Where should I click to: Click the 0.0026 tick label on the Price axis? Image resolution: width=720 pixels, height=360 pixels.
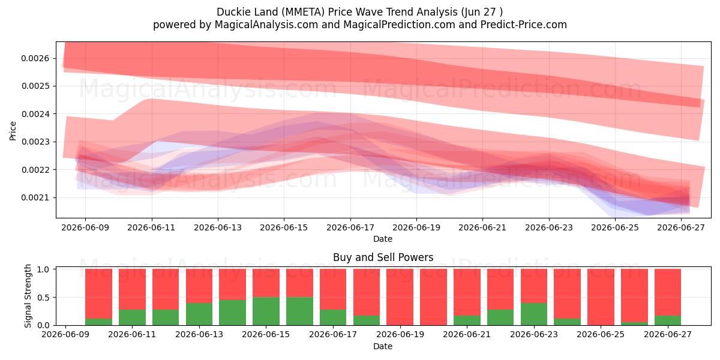(x=35, y=58)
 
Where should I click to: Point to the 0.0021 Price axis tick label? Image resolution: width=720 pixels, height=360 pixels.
(x=35, y=197)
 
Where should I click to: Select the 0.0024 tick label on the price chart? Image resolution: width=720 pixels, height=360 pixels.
(x=35, y=114)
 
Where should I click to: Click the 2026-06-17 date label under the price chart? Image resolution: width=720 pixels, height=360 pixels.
(x=350, y=227)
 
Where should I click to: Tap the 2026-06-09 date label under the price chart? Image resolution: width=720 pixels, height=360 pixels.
(x=85, y=227)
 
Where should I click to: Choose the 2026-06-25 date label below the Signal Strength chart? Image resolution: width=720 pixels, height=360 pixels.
(x=601, y=334)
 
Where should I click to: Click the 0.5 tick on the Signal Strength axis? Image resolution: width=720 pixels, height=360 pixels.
(x=43, y=298)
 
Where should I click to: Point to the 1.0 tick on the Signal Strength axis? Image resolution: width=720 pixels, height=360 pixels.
(x=43, y=269)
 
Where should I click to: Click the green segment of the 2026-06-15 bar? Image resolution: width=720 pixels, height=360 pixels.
(x=266, y=311)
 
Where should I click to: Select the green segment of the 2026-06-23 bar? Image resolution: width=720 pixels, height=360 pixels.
(x=534, y=314)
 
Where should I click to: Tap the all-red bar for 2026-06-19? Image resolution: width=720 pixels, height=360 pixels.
(x=400, y=297)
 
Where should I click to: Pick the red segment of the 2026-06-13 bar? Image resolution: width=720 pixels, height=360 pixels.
(x=199, y=286)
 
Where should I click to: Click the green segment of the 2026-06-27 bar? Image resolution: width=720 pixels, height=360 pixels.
(x=668, y=320)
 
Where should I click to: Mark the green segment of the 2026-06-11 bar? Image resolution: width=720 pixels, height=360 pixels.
(x=132, y=317)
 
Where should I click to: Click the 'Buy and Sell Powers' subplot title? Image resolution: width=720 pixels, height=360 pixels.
(x=383, y=257)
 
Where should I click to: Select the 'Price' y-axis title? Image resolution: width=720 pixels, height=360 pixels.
(x=13, y=131)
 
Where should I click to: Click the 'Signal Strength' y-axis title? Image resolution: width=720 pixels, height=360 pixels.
(x=28, y=296)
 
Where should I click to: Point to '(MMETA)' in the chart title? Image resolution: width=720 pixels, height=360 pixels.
(x=303, y=12)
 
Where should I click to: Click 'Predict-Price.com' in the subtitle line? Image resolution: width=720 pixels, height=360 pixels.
(x=524, y=25)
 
